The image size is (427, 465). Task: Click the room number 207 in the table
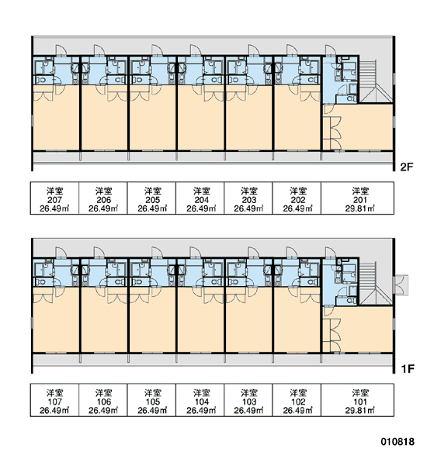54,200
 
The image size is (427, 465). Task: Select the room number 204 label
201,200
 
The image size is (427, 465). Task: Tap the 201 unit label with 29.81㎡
360,200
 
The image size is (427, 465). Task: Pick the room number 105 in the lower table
152,401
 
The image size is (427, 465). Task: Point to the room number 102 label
298,401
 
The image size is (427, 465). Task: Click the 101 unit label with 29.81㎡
360,401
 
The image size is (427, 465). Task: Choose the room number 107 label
54,401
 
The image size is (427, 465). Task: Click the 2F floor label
407,167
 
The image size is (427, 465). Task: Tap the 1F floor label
408,369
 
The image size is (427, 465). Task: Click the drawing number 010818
397,442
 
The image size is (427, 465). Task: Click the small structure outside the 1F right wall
401,285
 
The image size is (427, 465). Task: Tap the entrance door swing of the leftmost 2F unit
61,50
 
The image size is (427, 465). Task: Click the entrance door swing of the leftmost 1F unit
61,252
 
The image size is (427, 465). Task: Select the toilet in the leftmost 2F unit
41,80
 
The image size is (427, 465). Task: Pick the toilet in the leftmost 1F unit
41,282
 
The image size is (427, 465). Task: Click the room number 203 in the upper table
248,200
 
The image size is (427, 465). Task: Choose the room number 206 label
103,200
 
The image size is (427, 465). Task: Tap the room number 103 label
248,401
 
